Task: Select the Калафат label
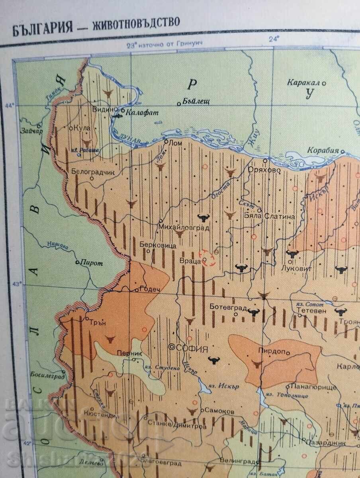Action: [x=142, y=113]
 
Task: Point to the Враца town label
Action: [x=192, y=261]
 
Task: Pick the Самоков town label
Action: [x=219, y=411]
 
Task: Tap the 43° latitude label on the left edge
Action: [x=17, y=284]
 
